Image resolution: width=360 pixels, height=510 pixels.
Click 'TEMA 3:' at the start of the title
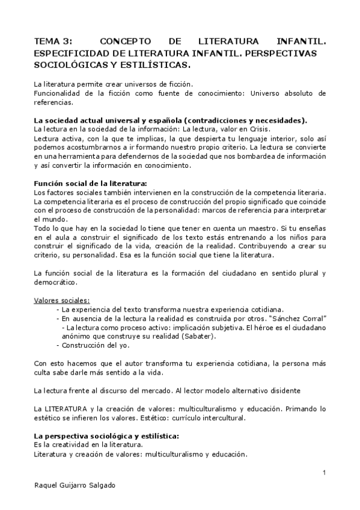(x=52, y=42)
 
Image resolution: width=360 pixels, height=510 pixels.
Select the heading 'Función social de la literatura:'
(x=90, y=182)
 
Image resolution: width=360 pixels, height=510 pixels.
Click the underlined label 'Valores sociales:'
(x=62, y=300)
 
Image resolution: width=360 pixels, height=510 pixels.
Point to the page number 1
(x=324, y=472)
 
